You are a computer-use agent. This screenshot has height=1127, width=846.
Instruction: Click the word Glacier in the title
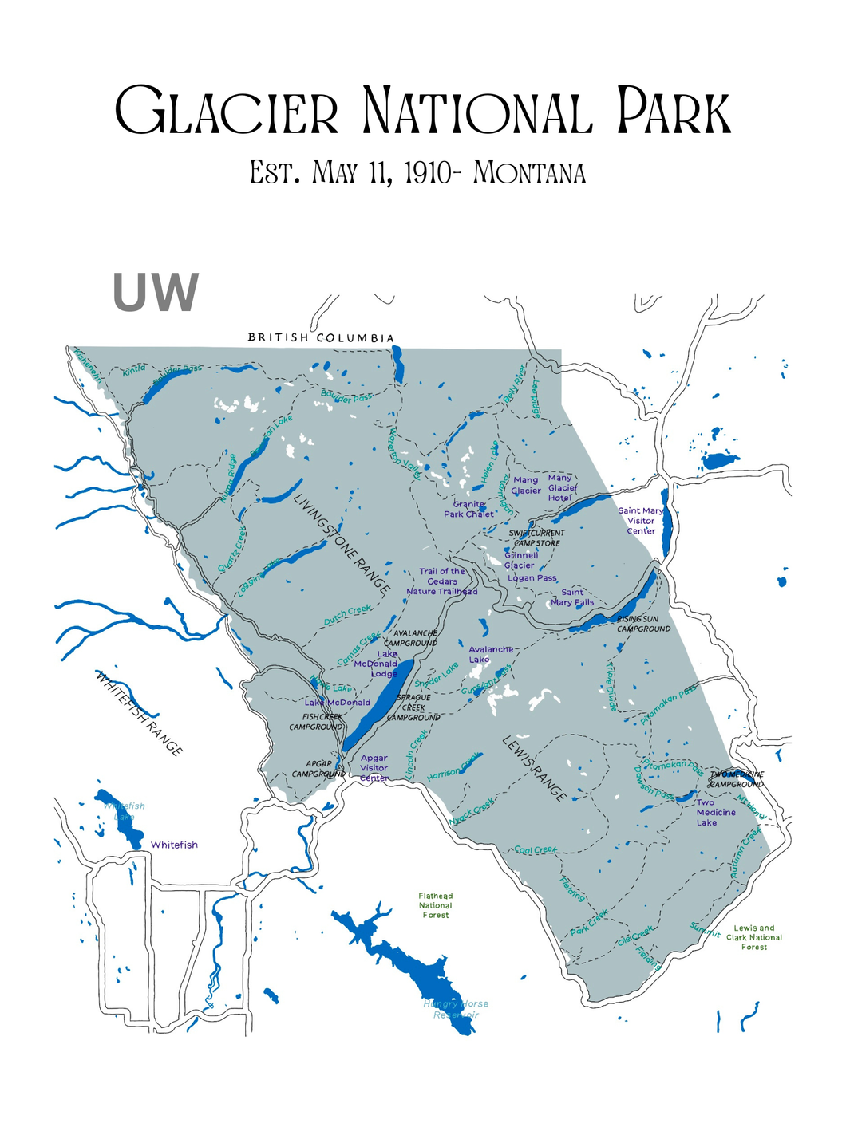click(x=227, y=112)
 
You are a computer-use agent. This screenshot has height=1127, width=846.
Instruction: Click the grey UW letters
click(x=156, y=293)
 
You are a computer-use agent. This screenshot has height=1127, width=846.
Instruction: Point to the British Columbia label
click(x=321, y=338)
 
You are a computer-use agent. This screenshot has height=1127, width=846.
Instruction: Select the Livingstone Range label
click(x=342, y=545)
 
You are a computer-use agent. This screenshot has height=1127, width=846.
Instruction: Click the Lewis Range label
click(x=536, y=768)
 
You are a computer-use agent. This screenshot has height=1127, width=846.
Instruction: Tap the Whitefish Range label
click(x=140, y=713)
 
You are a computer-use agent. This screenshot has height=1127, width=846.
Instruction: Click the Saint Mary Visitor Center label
click(x=641, y=521)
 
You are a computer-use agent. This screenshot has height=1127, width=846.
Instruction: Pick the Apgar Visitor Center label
click(x=374, y=768)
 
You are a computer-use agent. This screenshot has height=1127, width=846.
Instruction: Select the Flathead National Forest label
click(x=435, y=905)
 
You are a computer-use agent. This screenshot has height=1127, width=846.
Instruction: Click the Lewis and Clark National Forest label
click(x=753, y=937)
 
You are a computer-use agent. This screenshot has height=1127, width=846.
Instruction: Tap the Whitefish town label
click(x=174, y=845)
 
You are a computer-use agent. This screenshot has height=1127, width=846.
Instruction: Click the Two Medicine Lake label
click(x=715, y=812)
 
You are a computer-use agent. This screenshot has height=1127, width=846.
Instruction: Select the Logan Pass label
click(x=532, y=578)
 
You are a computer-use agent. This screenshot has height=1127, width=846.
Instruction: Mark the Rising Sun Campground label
click(x=643, y=624)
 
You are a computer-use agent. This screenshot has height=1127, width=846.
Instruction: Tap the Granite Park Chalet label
click(x=468, y=509)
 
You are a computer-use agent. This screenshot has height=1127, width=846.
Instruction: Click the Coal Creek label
click(x=536, y=849)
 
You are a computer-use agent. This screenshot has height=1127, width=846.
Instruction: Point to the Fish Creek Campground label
click(x=316, y=722)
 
